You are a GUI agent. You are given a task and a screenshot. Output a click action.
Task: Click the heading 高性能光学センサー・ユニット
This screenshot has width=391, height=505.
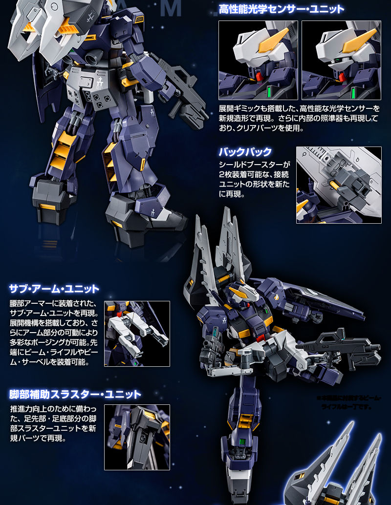[x=281, y=9]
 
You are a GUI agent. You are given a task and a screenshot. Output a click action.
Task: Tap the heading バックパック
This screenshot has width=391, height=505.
[x=244, y=151]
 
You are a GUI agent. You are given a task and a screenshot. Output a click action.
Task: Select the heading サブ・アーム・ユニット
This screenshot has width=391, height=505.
[x=54, y=289]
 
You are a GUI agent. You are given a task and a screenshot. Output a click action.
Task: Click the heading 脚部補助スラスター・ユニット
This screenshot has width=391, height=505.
[x=75, y=394]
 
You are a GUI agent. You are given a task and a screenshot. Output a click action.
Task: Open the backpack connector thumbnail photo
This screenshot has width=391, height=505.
[x=339, y=185]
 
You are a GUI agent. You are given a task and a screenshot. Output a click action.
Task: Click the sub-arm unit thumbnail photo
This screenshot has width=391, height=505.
[x=137, y=334]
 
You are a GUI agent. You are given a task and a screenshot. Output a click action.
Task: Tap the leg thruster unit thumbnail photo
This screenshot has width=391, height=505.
[x=137, y=437]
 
